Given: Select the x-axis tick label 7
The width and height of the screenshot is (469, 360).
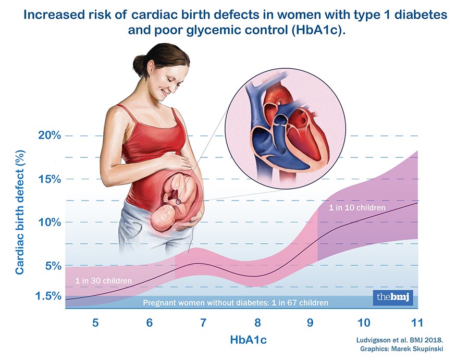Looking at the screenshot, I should click(203, 322).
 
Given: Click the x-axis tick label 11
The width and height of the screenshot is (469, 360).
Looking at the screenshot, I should click(417, 322).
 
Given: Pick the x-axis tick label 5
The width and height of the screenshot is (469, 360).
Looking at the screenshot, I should click(95, 322).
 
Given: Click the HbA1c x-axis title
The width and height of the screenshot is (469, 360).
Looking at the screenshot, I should click(249, 340).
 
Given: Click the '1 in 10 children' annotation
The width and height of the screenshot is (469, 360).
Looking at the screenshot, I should click(357, 207).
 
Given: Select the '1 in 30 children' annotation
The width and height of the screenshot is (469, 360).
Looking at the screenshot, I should click(103, 281).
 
